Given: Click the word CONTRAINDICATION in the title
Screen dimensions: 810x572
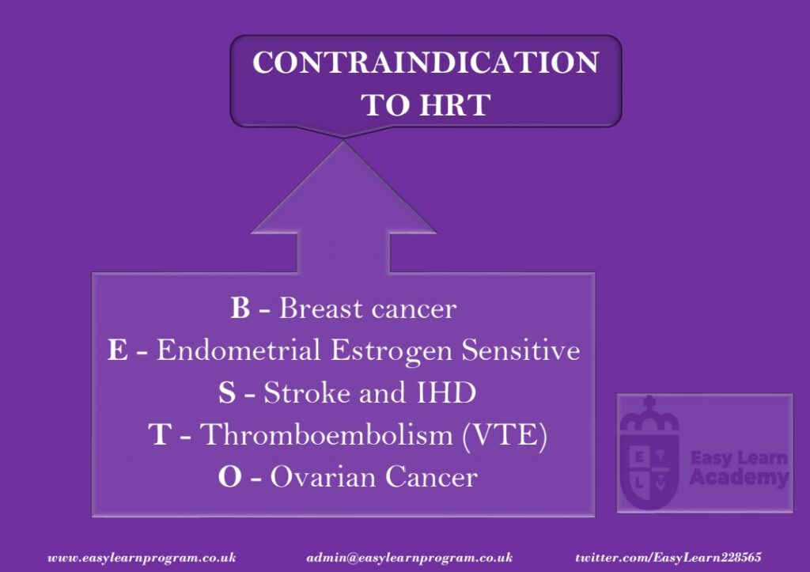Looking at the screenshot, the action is (426, 62).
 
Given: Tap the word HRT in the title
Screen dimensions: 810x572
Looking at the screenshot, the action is (455, 105).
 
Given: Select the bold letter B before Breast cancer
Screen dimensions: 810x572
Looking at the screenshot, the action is (240, 308).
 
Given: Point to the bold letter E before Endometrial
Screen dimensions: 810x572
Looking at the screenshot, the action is (117, 350).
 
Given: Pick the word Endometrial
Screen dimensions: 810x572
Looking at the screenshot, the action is (239, 350).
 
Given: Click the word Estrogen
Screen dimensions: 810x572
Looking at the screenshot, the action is (391, 351).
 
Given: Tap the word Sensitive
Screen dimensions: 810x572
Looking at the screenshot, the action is (520, 350).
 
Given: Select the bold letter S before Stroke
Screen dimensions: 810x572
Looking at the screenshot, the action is (227, 392).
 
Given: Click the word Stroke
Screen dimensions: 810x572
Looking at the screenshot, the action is (307, 392).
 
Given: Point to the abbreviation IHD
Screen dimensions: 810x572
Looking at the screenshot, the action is (446, 392).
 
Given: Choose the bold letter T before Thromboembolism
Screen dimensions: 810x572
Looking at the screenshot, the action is (160, 434).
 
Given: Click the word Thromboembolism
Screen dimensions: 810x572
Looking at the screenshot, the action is (327, 434).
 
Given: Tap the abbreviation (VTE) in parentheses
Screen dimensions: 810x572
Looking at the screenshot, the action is (505, 435).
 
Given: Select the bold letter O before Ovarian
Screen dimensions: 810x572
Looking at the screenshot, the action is (230, 476).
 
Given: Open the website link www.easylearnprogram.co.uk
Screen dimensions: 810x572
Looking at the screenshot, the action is (142, 558).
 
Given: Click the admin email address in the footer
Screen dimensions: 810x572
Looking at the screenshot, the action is (409, 558).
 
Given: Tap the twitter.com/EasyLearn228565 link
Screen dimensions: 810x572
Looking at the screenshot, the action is (668, 558).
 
